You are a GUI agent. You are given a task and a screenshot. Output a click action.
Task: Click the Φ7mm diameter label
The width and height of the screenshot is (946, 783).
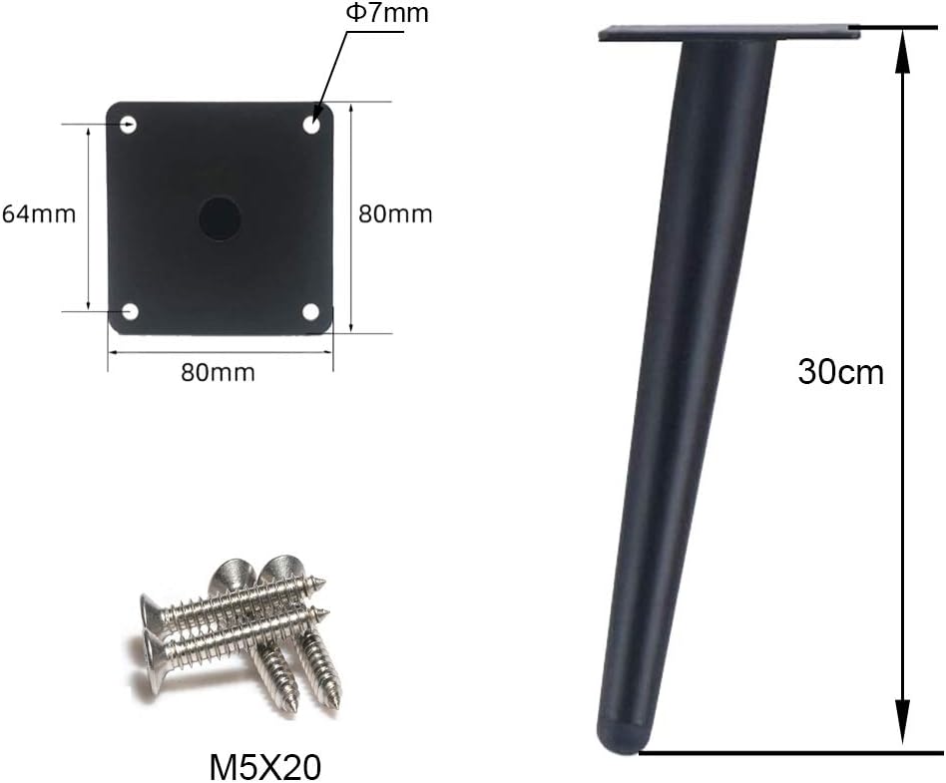pyautogui.click(x=387, y=12)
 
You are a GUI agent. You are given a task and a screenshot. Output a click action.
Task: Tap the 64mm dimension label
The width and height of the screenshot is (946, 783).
pyautogui.click(x=39, y=214)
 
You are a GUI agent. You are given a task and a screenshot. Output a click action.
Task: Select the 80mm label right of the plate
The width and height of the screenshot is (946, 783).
pyautogui.click(x=396, y=214)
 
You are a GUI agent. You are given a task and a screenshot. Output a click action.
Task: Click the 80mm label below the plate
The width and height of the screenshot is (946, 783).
pyautogui.click(x=219, y=372)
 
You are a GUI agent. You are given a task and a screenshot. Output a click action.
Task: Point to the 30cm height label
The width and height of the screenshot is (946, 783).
pyautogui.click(x=840, y=372)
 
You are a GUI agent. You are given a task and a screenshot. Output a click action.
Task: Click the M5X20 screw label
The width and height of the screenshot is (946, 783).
pyautogui.click(x=264, y=767)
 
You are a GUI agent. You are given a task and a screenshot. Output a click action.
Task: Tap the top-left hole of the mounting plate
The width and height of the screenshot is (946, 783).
pyautogui.click(x=129, y=125)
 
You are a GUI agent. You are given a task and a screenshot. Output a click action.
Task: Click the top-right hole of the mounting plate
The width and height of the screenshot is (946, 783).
pyautogui.click(x=311, y=125)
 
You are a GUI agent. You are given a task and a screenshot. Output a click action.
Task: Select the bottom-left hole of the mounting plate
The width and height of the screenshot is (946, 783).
pyautogui.click(x=130, y=312)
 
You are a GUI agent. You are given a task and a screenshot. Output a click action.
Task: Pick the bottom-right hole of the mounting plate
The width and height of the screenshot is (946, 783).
pyautogui.click(x=310, y=312)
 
